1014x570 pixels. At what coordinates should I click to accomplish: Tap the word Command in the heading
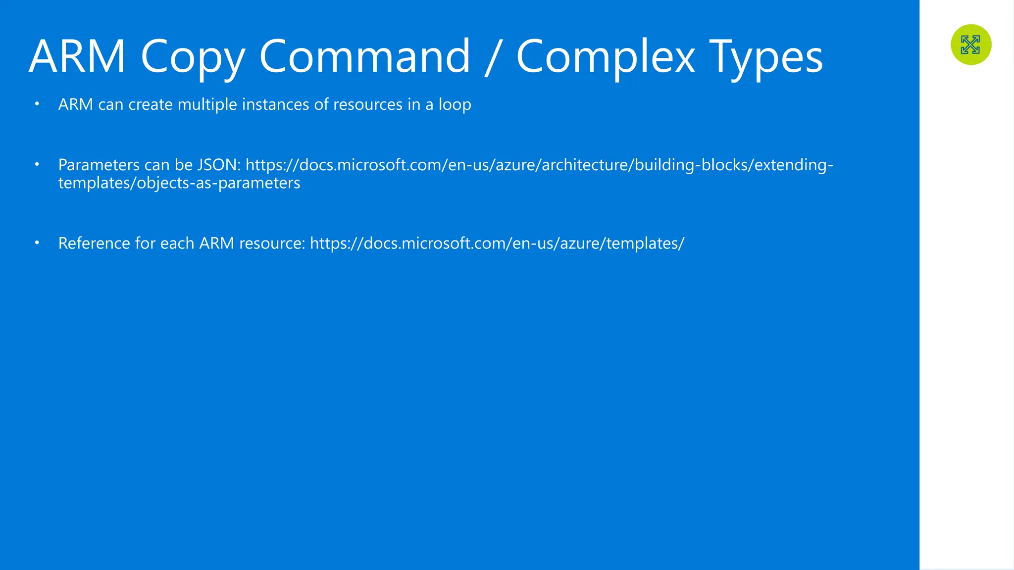[x=364, y=56]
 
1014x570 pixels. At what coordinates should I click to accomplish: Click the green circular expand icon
[x=971, y=45]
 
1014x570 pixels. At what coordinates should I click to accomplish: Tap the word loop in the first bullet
[x=455, y=104]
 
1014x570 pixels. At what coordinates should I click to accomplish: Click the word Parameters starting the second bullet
[x=99, y=165]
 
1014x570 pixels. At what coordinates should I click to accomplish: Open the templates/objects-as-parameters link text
[x=179, y=183]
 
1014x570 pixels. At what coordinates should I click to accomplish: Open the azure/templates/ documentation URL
[x=497, y=243]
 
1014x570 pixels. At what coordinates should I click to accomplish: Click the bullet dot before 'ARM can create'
[x=37, y=104]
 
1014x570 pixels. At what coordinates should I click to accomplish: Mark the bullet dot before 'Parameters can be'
[x=37, y=164]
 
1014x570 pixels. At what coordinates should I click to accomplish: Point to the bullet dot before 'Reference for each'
[x=37, y=243]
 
